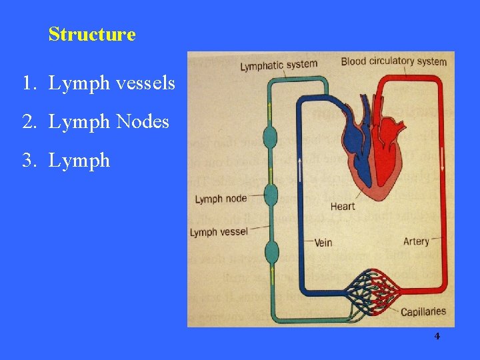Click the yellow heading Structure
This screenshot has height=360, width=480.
(92, 34)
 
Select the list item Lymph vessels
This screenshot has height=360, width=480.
(98, 83)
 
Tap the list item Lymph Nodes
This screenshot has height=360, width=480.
(95, 122)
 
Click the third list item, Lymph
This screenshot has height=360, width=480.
(65, 161)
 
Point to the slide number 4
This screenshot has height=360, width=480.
(437, 336)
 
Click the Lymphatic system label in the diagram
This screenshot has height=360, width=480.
(278, 65)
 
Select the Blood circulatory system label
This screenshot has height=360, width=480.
(393, 62)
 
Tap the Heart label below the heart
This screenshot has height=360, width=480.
(342, 206)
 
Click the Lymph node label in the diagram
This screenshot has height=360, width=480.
(221, 199)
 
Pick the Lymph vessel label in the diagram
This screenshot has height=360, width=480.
(218, 232)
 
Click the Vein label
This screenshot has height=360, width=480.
(323, 241)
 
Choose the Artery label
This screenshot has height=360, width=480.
(416, 241)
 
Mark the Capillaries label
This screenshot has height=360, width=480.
(423, 311)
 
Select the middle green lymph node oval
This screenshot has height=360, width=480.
(270, 195)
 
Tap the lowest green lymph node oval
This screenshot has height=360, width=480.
(271, 253)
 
